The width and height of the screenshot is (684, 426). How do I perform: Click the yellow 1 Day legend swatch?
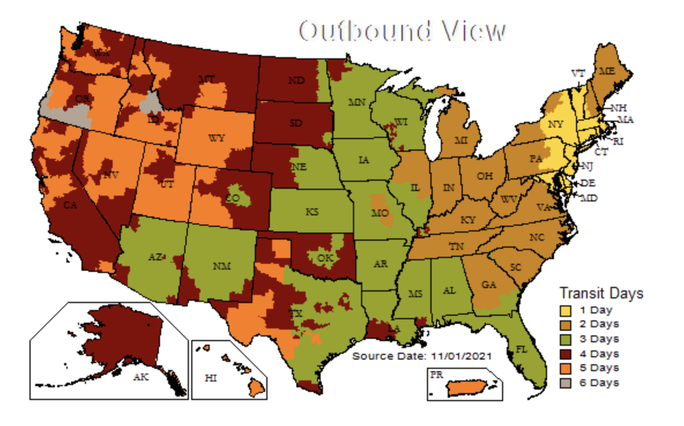(x=567, y=310)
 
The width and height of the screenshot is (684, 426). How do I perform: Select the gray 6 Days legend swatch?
(x=567, y=383)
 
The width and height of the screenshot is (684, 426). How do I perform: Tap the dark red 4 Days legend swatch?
(x=567, y=354)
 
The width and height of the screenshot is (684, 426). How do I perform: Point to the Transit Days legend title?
(x=601, y=293)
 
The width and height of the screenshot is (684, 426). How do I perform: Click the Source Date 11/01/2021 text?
(x=422, y=356)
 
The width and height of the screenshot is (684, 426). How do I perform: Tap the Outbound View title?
(x=402, y=32)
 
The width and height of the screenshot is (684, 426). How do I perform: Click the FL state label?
(x=521, y=349)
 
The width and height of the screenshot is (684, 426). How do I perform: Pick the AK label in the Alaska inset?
(x=140, y=377)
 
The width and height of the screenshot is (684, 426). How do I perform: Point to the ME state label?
(x=607, y=71)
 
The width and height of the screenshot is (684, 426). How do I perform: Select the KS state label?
(x=312, y=212)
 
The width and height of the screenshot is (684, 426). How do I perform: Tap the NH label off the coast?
(x=619, y=108)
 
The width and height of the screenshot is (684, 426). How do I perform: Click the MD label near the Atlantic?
(x=590, y=199)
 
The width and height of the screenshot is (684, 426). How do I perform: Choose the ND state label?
(x=296, y=81)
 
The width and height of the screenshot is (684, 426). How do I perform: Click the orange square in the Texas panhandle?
(x=281, y=249)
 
